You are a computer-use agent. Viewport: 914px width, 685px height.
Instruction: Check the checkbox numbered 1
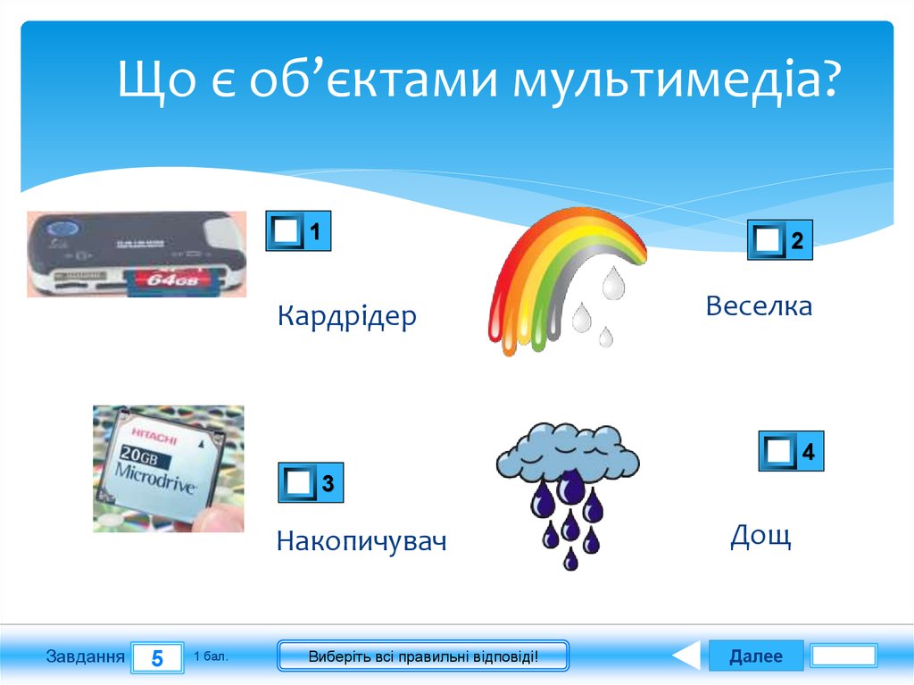point(286,231)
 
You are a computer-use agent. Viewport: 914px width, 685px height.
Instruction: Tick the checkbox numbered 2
point(767,240)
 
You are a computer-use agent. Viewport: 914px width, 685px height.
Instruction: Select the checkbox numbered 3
point(298,484)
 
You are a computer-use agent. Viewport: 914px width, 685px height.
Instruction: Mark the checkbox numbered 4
point(778,452)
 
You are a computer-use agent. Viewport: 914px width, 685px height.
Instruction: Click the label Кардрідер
point(346,316)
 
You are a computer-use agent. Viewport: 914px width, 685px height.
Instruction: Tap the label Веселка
point(759,306)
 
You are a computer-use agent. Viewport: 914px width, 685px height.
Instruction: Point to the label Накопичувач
point(361,541)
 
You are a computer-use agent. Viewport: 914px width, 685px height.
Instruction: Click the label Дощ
point(760,536)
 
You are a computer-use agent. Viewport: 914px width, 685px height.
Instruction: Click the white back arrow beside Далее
point(685,656)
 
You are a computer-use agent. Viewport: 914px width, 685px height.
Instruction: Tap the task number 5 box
point(157,658)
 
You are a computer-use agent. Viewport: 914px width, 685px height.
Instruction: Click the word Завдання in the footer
point(85,656)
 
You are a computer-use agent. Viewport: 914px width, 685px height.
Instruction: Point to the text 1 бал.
point(211,656)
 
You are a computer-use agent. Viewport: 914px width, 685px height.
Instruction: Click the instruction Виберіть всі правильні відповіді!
point(423,656)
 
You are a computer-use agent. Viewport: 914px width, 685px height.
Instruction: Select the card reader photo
point(136,254)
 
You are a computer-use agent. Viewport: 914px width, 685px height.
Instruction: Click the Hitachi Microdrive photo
point(168,469)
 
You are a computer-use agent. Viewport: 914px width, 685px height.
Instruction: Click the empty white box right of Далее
point(843,656)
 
